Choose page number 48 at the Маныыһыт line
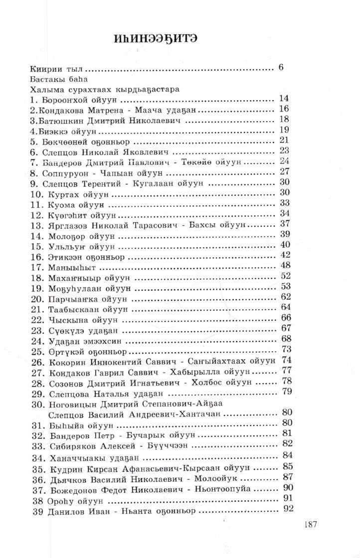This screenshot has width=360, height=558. click(286, 265)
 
